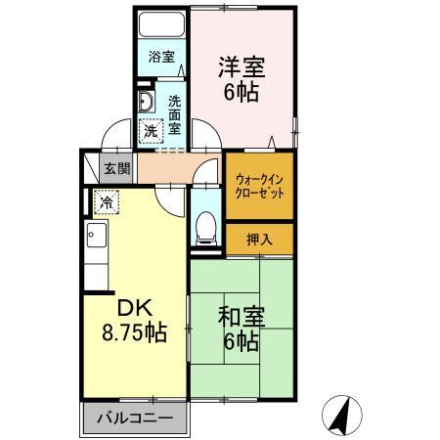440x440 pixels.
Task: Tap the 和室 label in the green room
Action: pos(241,318)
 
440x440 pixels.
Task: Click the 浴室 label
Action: pos(161,58)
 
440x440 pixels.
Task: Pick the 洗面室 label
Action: pos(174,114)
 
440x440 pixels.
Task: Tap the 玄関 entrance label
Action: pos(118,168)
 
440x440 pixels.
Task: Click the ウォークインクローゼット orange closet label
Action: pos(259,187)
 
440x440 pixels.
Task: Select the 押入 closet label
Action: pos(258,240)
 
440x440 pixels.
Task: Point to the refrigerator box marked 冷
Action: pos(105,203)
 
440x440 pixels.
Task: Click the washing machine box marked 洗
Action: pos(152,130)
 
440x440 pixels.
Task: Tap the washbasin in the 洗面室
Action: pos(145,105)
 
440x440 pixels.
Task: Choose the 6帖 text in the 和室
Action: pos(241,343)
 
